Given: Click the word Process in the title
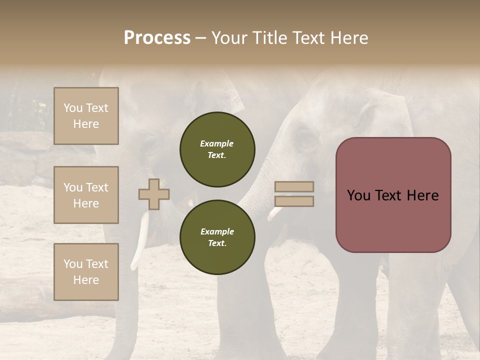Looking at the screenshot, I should tap(157, 38).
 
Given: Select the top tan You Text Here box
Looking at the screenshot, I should tap(86, 116).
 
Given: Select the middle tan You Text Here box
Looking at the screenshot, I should tap(86, 195).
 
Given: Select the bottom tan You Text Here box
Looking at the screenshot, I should tap(86, 272).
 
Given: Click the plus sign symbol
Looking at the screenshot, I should tap(153, 194).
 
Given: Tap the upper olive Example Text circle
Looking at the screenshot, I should tap(217, 149).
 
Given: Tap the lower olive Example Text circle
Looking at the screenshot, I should tap(217, 237).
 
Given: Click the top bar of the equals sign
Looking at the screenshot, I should tap(294, 186).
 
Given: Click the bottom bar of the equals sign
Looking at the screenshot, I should tap(294, 201).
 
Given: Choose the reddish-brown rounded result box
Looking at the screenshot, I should tap(393, 195).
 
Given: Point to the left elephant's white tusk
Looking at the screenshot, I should tap(140, 240).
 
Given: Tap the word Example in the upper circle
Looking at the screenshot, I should tap(217, 143).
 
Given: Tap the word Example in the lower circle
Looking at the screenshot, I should tap(217, 231).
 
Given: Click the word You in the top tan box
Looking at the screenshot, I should tap(72, 108).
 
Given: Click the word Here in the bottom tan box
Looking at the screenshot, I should tap(86, 280).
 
